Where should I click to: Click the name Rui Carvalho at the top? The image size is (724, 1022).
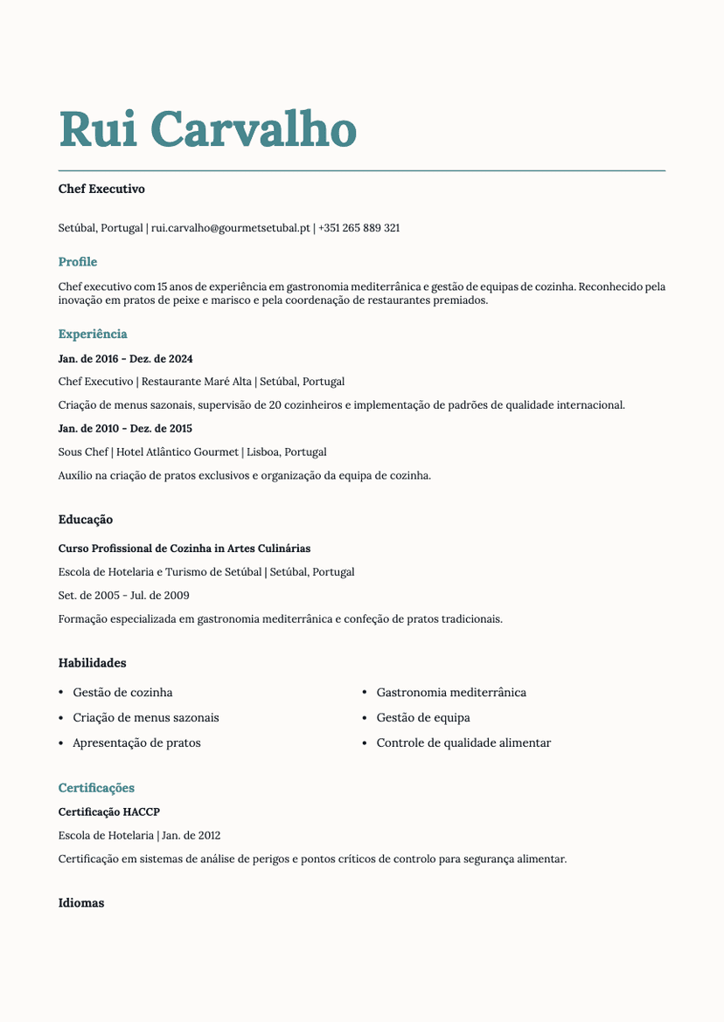point(207,129)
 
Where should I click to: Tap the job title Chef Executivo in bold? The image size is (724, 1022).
point(101,189)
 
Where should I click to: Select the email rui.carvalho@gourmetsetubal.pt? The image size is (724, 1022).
point(231,228)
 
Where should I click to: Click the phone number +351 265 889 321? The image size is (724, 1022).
point(359,228)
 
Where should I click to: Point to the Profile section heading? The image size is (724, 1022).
point(78,262)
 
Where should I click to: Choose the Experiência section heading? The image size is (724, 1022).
point(93,334)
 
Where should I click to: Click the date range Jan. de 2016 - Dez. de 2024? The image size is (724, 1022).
point(125,359)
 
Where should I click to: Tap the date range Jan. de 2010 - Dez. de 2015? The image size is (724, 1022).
point(125,429)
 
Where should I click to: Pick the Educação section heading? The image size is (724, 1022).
point(86,520)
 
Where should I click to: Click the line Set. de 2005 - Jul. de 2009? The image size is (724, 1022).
point(124,596)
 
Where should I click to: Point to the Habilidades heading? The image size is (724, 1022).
point(93,663)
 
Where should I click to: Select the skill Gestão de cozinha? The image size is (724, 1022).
point(122,693)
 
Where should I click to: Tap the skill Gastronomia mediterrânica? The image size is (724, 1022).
point(451,693)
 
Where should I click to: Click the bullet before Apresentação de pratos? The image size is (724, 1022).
point(61,743)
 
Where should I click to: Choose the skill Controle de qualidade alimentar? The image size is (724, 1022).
point(463,743)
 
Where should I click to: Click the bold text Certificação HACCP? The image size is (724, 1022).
point(109,812)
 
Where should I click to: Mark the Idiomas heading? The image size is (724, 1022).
point(81,903)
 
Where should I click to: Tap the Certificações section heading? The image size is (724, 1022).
point(96,788)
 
